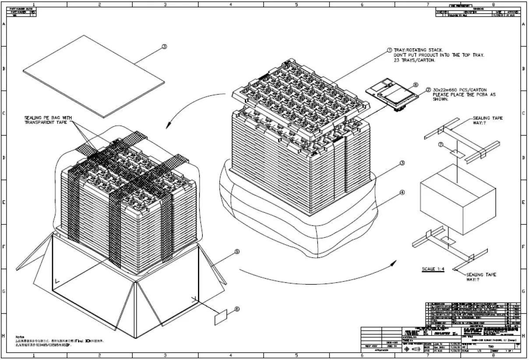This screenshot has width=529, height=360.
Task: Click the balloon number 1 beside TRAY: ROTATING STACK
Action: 389,51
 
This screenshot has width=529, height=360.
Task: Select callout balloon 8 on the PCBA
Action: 416,85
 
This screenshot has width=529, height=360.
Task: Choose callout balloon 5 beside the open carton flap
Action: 237,252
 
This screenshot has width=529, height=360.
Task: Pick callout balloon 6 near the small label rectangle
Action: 237,309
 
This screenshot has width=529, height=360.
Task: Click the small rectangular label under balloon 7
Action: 457,153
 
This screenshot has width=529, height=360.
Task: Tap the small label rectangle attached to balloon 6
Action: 221,318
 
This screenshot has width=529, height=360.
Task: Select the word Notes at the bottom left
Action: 20,336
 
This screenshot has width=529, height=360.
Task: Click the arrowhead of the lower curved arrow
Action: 393,263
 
